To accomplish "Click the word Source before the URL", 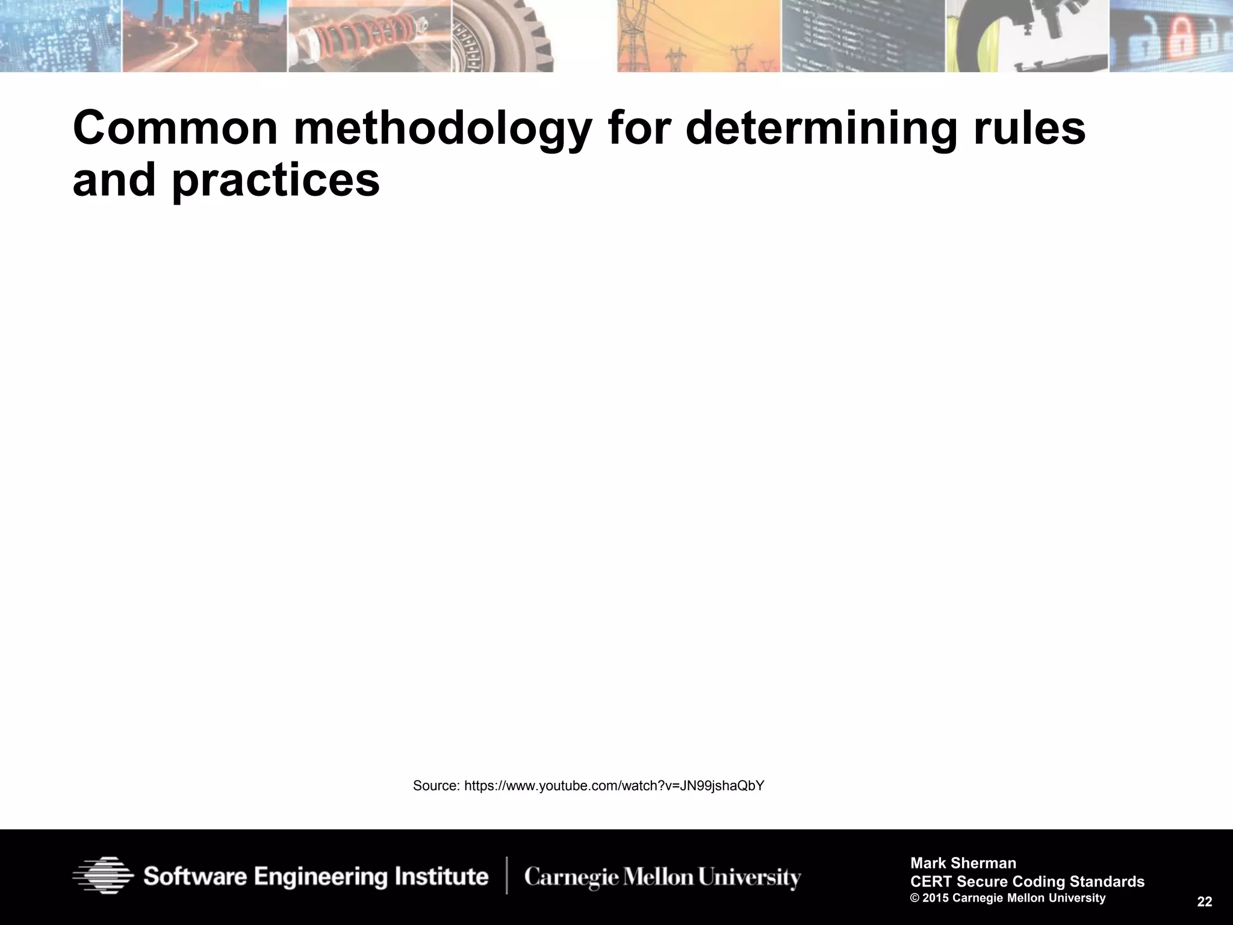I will [x=436, y=786].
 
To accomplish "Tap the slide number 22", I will [x=1205, y=902].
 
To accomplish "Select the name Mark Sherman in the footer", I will [x=963, y=863].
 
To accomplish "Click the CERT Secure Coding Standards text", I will [x=1027, y=882].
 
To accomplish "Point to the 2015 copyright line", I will [x=1008, y=899].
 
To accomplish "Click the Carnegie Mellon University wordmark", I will [x=662, y=877].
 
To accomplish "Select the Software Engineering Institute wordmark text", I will [x=315, y=877].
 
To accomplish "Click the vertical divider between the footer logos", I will [x=506, y=876].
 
